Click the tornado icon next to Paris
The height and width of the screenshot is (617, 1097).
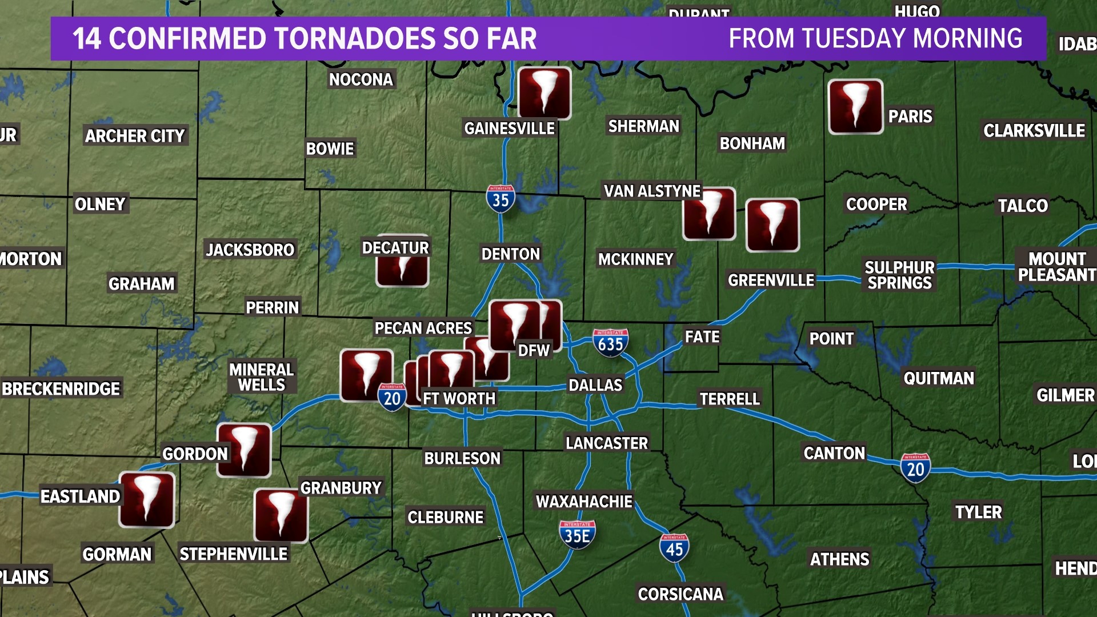coord(855,107)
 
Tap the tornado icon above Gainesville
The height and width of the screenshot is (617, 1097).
coord(544,93)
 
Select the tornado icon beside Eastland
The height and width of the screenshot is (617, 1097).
coord(147,499)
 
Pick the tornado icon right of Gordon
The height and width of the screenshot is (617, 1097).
coord(244,450)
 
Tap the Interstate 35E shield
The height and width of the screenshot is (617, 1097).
coord(577,535)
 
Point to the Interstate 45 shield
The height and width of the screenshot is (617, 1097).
coord(674,548)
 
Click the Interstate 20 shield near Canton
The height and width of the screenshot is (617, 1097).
coord(915,468)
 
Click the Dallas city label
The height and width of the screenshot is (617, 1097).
coord(595,385)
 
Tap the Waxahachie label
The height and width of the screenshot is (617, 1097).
coord(584,502)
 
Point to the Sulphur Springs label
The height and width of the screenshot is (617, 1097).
coord(899,275)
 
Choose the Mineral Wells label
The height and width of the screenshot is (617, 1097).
coord(262,377)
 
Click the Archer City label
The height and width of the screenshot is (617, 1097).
coord(135,136)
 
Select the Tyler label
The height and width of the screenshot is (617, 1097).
coord(978,512)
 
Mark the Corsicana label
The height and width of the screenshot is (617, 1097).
coord(680,594)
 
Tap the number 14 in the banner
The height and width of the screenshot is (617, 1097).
coord(86,39)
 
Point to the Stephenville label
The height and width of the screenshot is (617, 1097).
coord(233,554)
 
